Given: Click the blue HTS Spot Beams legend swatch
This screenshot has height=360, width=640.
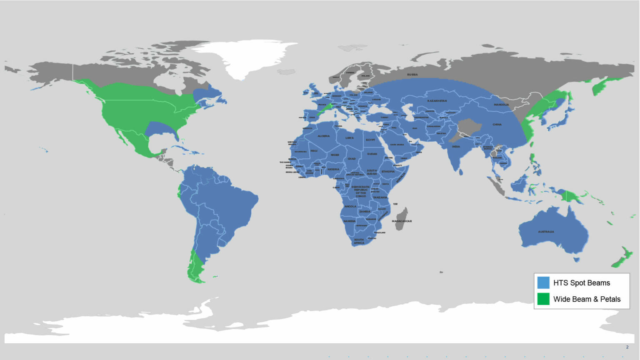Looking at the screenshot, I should click(x=543, y=282).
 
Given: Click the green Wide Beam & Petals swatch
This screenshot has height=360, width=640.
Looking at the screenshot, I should click(x=543, y=299).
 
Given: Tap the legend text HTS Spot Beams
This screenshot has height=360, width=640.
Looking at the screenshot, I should click(x=581, y=283).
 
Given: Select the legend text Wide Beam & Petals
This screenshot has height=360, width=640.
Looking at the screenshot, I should click(x=587, y=299).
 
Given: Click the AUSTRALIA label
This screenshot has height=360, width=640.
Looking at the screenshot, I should click(x=546, y=232).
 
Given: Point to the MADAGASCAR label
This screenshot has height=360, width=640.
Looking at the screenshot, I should click(x=402, y=221).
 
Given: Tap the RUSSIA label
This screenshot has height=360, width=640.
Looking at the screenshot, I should click(x=412, y=75).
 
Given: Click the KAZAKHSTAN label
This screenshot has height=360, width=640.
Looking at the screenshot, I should click(x=437, y=101).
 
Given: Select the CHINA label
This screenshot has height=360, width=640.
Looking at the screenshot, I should click(x=497, y=125).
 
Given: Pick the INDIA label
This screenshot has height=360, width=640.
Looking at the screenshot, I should click(x=456, y=147).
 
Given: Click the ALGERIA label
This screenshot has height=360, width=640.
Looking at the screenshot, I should click(x=324, y=136).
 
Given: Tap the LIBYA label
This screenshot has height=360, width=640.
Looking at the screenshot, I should click(x=350, y=138).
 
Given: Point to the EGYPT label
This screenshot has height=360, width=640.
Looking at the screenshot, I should click(x=370, y=140).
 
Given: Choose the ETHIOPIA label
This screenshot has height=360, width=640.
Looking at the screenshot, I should click(x=388, y=172).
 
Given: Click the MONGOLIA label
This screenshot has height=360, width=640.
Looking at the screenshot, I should click(x=501, y=105).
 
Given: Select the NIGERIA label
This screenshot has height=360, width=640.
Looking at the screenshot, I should click(x=333, y=170).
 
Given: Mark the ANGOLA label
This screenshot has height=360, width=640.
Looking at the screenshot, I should click(x=350, y=206).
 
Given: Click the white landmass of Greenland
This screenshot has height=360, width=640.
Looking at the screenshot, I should click(x=246, y=58).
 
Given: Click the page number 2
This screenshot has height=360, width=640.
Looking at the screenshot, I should click(x=627, y=347).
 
